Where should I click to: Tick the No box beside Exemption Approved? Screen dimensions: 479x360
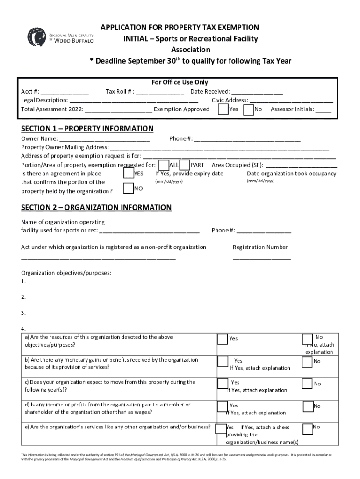(x=248, y=109)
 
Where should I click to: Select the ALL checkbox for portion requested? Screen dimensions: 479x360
(x=164, y=165)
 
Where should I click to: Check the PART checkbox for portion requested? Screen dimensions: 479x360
(x=185, y=165)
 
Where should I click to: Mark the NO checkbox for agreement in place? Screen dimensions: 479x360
(x=128, y=189)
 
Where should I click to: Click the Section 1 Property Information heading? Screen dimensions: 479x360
(x=87, y=129)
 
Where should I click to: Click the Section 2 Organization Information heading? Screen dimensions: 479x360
(x=96, y=208)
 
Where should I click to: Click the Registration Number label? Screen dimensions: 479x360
(x=260, y=247)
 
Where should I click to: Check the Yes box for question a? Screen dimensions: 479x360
(x=223, y=338)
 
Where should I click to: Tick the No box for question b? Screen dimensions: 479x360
(x=307, y=362)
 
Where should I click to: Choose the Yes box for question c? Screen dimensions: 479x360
(x=223, y=384)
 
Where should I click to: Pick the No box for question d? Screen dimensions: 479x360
(x=307, y=406)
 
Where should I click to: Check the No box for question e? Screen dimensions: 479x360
(x=307, y=428)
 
